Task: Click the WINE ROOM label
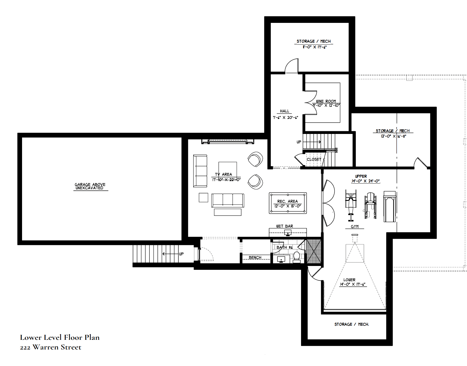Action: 326,101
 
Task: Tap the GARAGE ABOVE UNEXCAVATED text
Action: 90,186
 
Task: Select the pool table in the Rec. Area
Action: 288,203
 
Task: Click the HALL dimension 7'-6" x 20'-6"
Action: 285,117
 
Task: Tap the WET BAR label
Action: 285,226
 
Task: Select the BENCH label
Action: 255,257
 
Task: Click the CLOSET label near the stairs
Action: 314,159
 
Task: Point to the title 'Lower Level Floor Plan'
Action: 60,337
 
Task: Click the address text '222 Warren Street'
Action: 50,347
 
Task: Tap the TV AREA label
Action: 223,174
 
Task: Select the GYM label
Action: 355,227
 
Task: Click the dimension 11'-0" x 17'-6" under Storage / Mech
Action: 314,47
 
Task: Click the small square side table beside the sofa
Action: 203,198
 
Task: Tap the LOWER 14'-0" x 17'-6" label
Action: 352,282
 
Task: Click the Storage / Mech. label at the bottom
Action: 351,324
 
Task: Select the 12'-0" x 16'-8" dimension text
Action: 393,136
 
